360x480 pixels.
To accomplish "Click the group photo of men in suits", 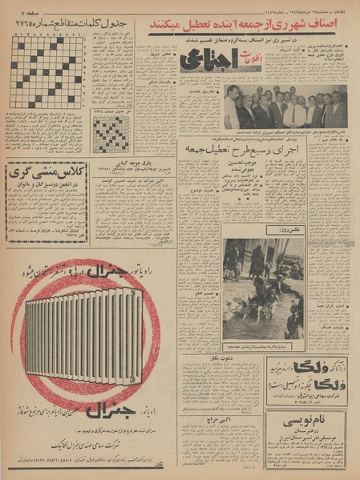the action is click(285, 107).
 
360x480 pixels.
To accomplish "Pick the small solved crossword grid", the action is click(111, 134).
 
